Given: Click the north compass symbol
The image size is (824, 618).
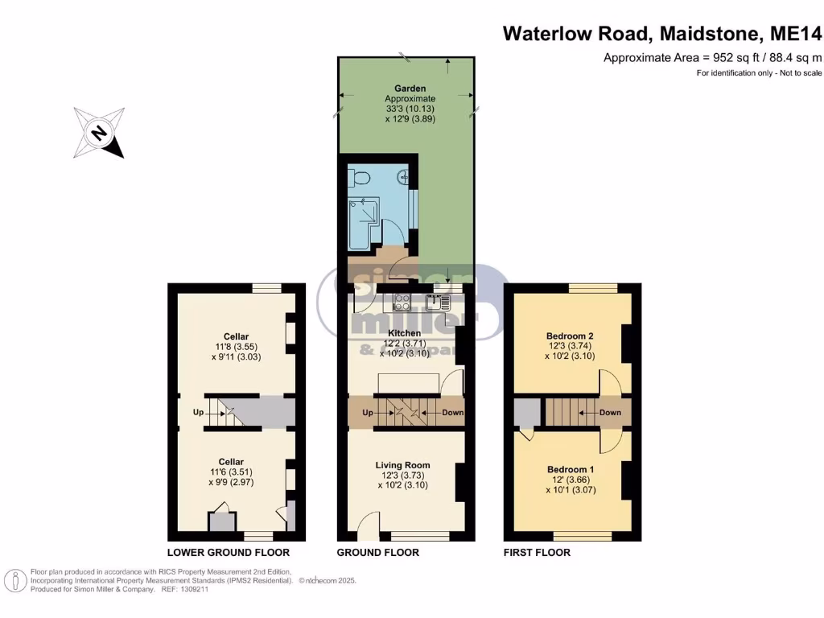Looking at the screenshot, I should tap(99, 133).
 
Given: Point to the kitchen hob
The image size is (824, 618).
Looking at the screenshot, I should tap(401, 303).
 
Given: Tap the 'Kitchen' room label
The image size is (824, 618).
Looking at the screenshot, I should tap(404, 333).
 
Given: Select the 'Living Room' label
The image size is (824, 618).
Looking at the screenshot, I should tap(402, 465).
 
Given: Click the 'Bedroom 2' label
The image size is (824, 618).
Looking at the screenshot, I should tap(571, 336).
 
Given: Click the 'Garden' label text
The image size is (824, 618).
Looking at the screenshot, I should tap(410, 89).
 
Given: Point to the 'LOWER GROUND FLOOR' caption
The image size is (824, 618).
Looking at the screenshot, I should tap(228, 553).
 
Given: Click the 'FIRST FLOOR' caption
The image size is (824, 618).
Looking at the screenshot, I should tap(537, 553).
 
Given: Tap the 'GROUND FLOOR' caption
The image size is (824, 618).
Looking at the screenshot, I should tap(377, 553).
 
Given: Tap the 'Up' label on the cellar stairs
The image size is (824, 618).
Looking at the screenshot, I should tap(198, 412).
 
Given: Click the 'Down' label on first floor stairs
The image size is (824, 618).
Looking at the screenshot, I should tap(610, 412).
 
